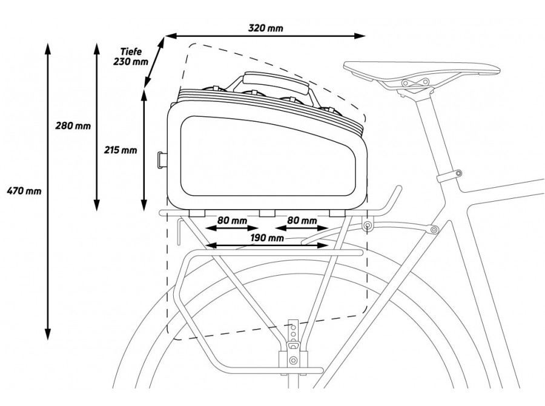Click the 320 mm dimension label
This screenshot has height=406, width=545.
click(x=265, y=28)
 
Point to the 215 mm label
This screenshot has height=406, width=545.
click(x=121, y=150)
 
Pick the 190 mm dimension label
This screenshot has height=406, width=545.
click(x=266, y=238)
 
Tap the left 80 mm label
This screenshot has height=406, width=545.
click(x=232, y=221)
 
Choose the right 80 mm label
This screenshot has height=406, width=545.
click(x=301, y=221)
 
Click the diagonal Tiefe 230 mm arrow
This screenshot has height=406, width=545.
click(x=154, y=61)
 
